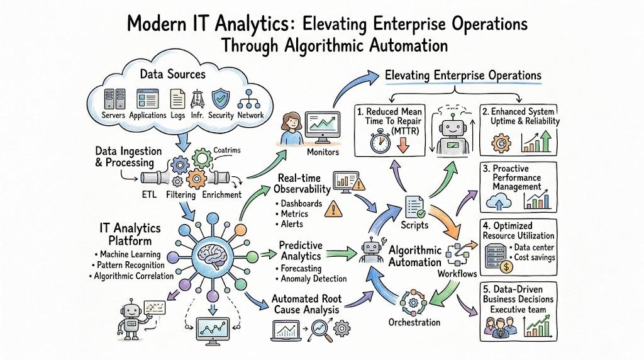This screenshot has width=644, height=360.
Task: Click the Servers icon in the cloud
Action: (x=114, y=99)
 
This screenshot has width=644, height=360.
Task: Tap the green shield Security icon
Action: (x=221, y=99)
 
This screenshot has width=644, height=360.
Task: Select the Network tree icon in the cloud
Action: (x=250, y=99)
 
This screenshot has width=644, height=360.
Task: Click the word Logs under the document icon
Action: (x=178, y=115)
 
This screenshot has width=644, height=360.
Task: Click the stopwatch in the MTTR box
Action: (x=380, y=141)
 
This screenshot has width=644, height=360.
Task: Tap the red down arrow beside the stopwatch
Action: (x=403, y=145)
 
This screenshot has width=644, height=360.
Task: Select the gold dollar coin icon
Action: (x=506, y=267)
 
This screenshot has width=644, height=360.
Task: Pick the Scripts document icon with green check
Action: (x=415, y=206)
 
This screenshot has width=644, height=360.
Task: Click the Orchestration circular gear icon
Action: (x=413, y=303)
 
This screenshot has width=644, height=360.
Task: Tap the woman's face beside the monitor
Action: (x=292, y=121)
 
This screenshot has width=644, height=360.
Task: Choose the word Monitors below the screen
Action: (x=323, y=152)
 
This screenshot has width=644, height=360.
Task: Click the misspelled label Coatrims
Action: (x=226, y=150)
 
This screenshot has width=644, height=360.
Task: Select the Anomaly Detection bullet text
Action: (x=314, y=279)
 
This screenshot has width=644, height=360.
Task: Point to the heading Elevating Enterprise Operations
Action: (x=463, y=76)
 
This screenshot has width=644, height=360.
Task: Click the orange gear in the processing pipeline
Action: (x=196, y=179)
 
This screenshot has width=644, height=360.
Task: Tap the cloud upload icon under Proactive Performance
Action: (x=499, y=202)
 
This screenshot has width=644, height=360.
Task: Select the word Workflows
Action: (x=457, y=274)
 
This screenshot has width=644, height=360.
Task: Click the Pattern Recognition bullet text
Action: (x=131, y=265)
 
